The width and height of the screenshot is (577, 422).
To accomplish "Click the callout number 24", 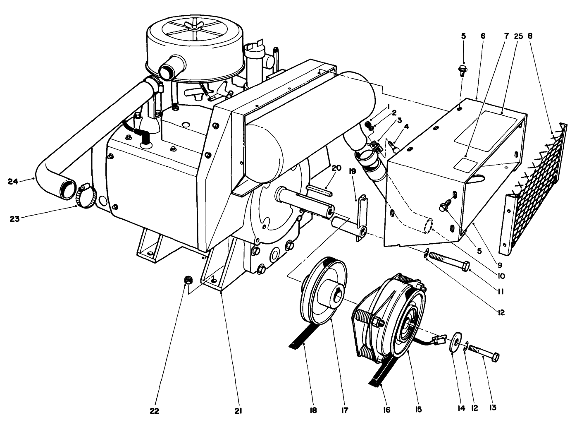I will [x=14, y=181].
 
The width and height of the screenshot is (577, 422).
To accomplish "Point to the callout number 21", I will [x=238, y=411].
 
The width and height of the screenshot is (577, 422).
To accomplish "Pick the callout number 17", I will [x=344, y=411].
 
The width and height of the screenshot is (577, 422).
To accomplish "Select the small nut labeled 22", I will [x=186, y=281].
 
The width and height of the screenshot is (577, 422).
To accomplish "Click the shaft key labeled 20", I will [x=319, y=190].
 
